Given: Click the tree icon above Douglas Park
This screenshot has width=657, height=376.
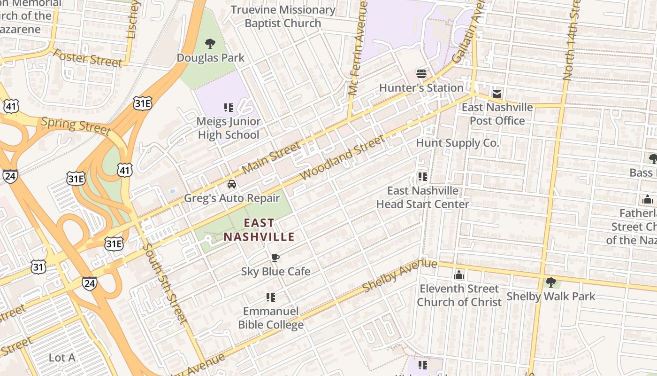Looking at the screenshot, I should click(210, 44).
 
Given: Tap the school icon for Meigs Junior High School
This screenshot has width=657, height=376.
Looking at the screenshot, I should click(229, 108).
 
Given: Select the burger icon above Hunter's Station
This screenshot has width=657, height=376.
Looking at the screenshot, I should click(421, 73).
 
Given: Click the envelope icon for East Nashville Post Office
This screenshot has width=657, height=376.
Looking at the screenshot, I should click(497, 94).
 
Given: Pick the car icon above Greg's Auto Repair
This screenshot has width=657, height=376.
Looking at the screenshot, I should click(231, 184).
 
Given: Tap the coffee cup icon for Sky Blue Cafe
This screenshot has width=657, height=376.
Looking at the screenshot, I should click(275, 258).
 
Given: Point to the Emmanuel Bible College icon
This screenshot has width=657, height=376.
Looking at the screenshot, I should click(270, 297).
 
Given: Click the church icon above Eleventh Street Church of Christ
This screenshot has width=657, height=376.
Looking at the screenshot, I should click(459, 274).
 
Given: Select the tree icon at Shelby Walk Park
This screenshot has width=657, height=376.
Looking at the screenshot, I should click(551, 282).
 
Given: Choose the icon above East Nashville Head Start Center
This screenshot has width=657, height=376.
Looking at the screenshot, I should click(422, 177).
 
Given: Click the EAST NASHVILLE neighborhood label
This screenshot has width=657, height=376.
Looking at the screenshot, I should click(259, 229).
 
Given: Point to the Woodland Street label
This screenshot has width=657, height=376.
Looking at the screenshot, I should click(342, 157).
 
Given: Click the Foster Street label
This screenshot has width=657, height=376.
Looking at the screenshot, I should click(87, 58).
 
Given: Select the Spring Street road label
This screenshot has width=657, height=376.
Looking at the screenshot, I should click(76, 125).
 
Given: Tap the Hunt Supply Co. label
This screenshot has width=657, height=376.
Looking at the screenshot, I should click(457, 143).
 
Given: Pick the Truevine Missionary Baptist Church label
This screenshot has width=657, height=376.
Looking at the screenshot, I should click(283, 16).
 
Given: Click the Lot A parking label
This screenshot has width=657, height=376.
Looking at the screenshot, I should click(62, 358).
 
